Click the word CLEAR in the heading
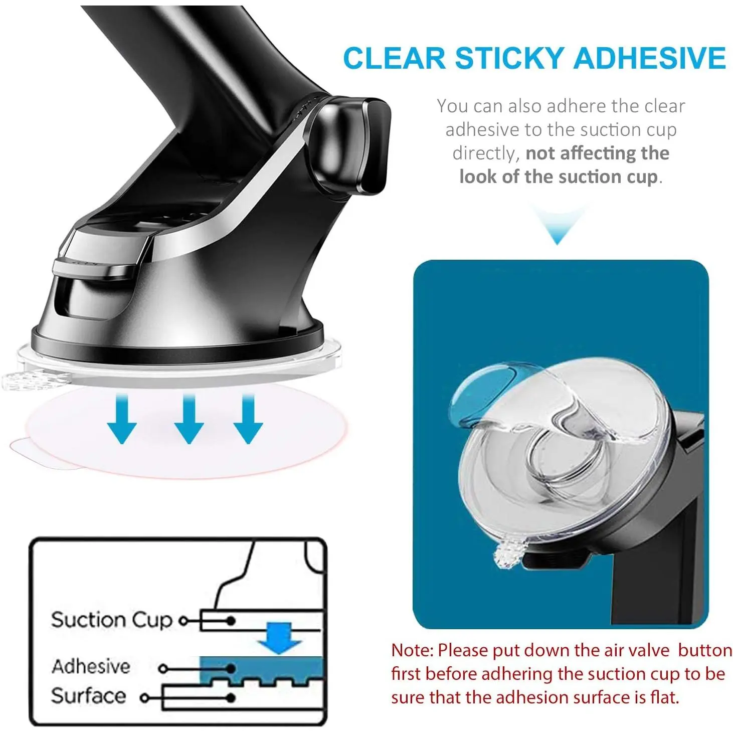tap(395, 58)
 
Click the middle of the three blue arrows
tap(189, 419)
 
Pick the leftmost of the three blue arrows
tap(122, 419)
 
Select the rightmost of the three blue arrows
tap(248, 419)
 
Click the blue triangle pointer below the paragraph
tap(558, 225)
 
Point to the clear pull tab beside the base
tap(36, 381)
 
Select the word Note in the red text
tap(412, 650)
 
